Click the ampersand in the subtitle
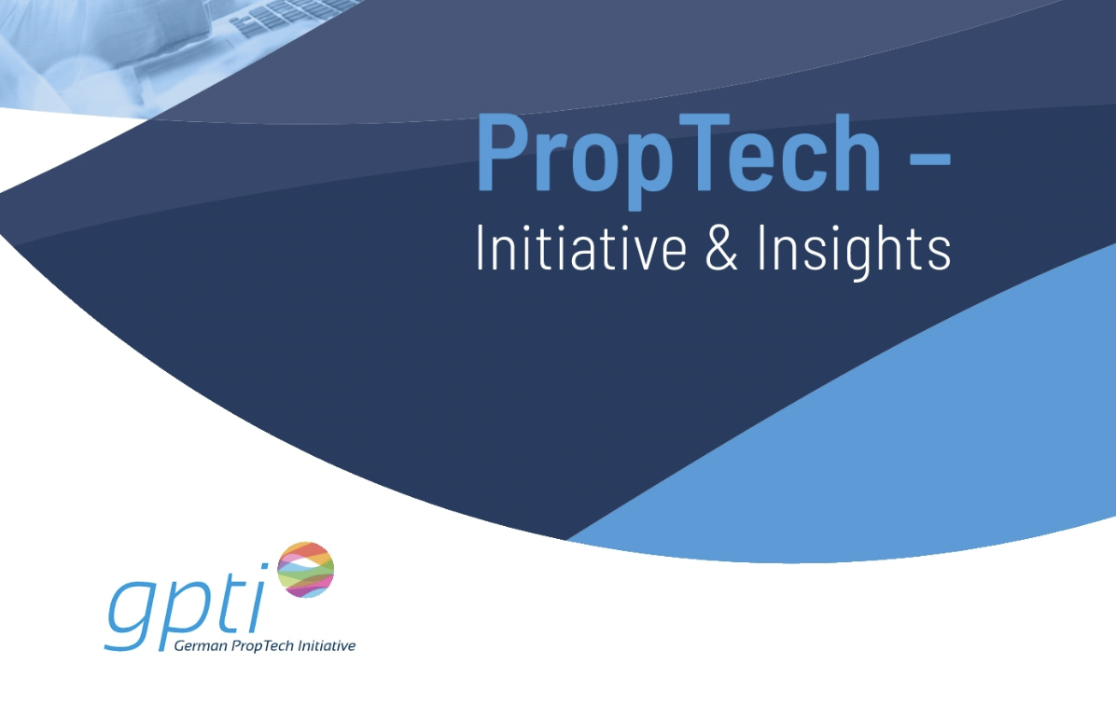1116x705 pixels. pos(721,247)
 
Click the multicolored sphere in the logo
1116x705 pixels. pos(305,569)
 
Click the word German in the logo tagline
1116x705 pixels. pos(201,646)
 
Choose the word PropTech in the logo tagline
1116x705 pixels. pos(262,646)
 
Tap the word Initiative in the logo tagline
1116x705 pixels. pos(327,646)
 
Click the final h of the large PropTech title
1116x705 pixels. pos(857,152)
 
